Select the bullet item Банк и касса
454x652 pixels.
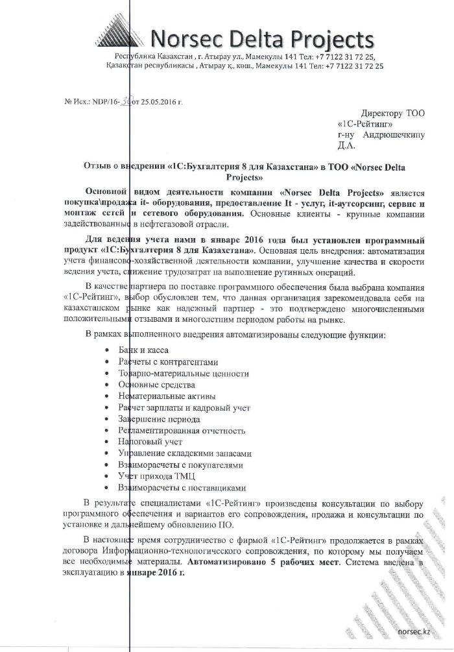point(144,350)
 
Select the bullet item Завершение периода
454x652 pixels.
point(154,419)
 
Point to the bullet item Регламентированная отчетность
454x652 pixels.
point(181,431)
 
